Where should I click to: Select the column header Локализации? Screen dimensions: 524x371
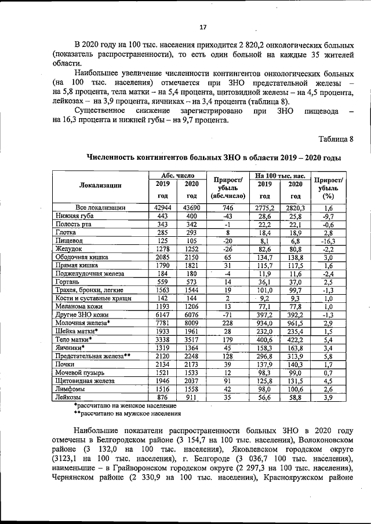click(x=100, y=185)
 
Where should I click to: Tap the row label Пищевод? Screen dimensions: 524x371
click(x=70, y=240)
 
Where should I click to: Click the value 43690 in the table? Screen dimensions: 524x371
click(x=191, y=207)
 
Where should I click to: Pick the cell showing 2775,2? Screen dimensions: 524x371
click(x=264, y=207)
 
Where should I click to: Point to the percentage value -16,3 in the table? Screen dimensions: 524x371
click(x=328, y=240)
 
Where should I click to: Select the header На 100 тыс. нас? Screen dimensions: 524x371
click(x=280, y=175)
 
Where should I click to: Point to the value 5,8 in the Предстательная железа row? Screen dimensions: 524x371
click(x=328, y=356)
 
